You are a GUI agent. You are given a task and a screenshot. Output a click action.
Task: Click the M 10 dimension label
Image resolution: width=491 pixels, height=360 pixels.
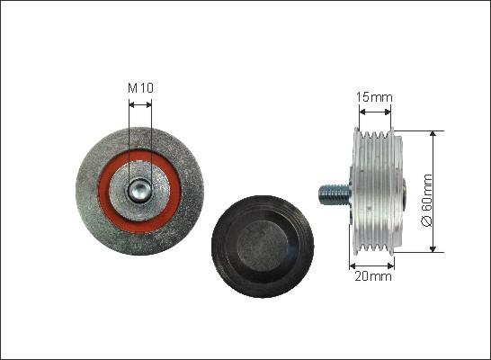coord(140,88)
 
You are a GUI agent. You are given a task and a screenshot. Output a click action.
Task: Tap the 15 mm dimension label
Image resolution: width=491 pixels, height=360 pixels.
coord(374,97)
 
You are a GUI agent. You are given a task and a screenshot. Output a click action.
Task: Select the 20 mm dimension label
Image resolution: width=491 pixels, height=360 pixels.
coord(373,276)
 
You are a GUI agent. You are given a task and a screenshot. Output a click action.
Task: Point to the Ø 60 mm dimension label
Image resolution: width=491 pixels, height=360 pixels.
coord(427,201)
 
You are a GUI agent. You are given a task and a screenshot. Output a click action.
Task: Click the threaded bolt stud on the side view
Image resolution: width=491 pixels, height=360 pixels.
coord(335,195)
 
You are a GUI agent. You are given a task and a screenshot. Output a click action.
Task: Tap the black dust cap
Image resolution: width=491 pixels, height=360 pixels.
coord(263,247)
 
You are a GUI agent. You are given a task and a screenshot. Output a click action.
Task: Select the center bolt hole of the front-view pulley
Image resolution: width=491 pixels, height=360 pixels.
coord(139,191)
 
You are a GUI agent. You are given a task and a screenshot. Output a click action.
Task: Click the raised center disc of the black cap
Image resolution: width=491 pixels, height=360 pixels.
coord(263,246)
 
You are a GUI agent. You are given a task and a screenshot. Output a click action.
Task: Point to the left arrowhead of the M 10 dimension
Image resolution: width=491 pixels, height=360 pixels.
coord(131,104)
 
